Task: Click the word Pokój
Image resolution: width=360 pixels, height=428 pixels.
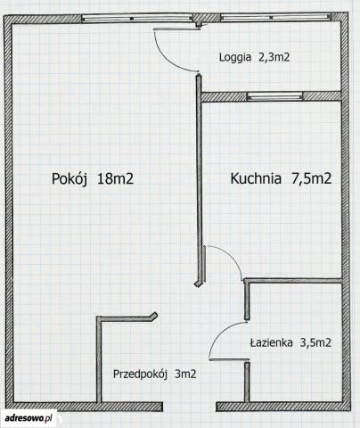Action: click(x=70, y=179)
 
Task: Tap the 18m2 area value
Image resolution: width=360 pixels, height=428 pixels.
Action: click(x=115, y=179)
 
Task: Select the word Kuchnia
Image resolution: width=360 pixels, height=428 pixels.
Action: click(x=256, y=178)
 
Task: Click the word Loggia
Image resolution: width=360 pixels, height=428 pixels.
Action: click(x=235, y=57)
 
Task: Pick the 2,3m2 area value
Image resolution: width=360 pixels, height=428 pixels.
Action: click(x=274, y=57)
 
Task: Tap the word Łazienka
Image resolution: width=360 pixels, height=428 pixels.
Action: click(x=271, y=343)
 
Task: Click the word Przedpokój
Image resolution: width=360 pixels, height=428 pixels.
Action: click(x=139, y=374)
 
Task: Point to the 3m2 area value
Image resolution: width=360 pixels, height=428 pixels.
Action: click(x=185, y=374)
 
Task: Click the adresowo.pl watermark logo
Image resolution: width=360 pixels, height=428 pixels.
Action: click(x=29, y=418)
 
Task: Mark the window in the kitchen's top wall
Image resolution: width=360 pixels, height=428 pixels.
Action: click(x=275, y=96)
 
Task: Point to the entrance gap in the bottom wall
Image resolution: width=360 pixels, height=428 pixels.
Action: click(x=189, y=407)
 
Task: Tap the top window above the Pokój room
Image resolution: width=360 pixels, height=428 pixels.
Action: click(x=137, y=19)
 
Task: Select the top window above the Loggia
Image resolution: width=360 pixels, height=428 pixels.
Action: click(x=276, y=17)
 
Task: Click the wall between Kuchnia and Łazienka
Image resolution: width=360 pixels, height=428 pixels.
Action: click(x=293, y=280)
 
